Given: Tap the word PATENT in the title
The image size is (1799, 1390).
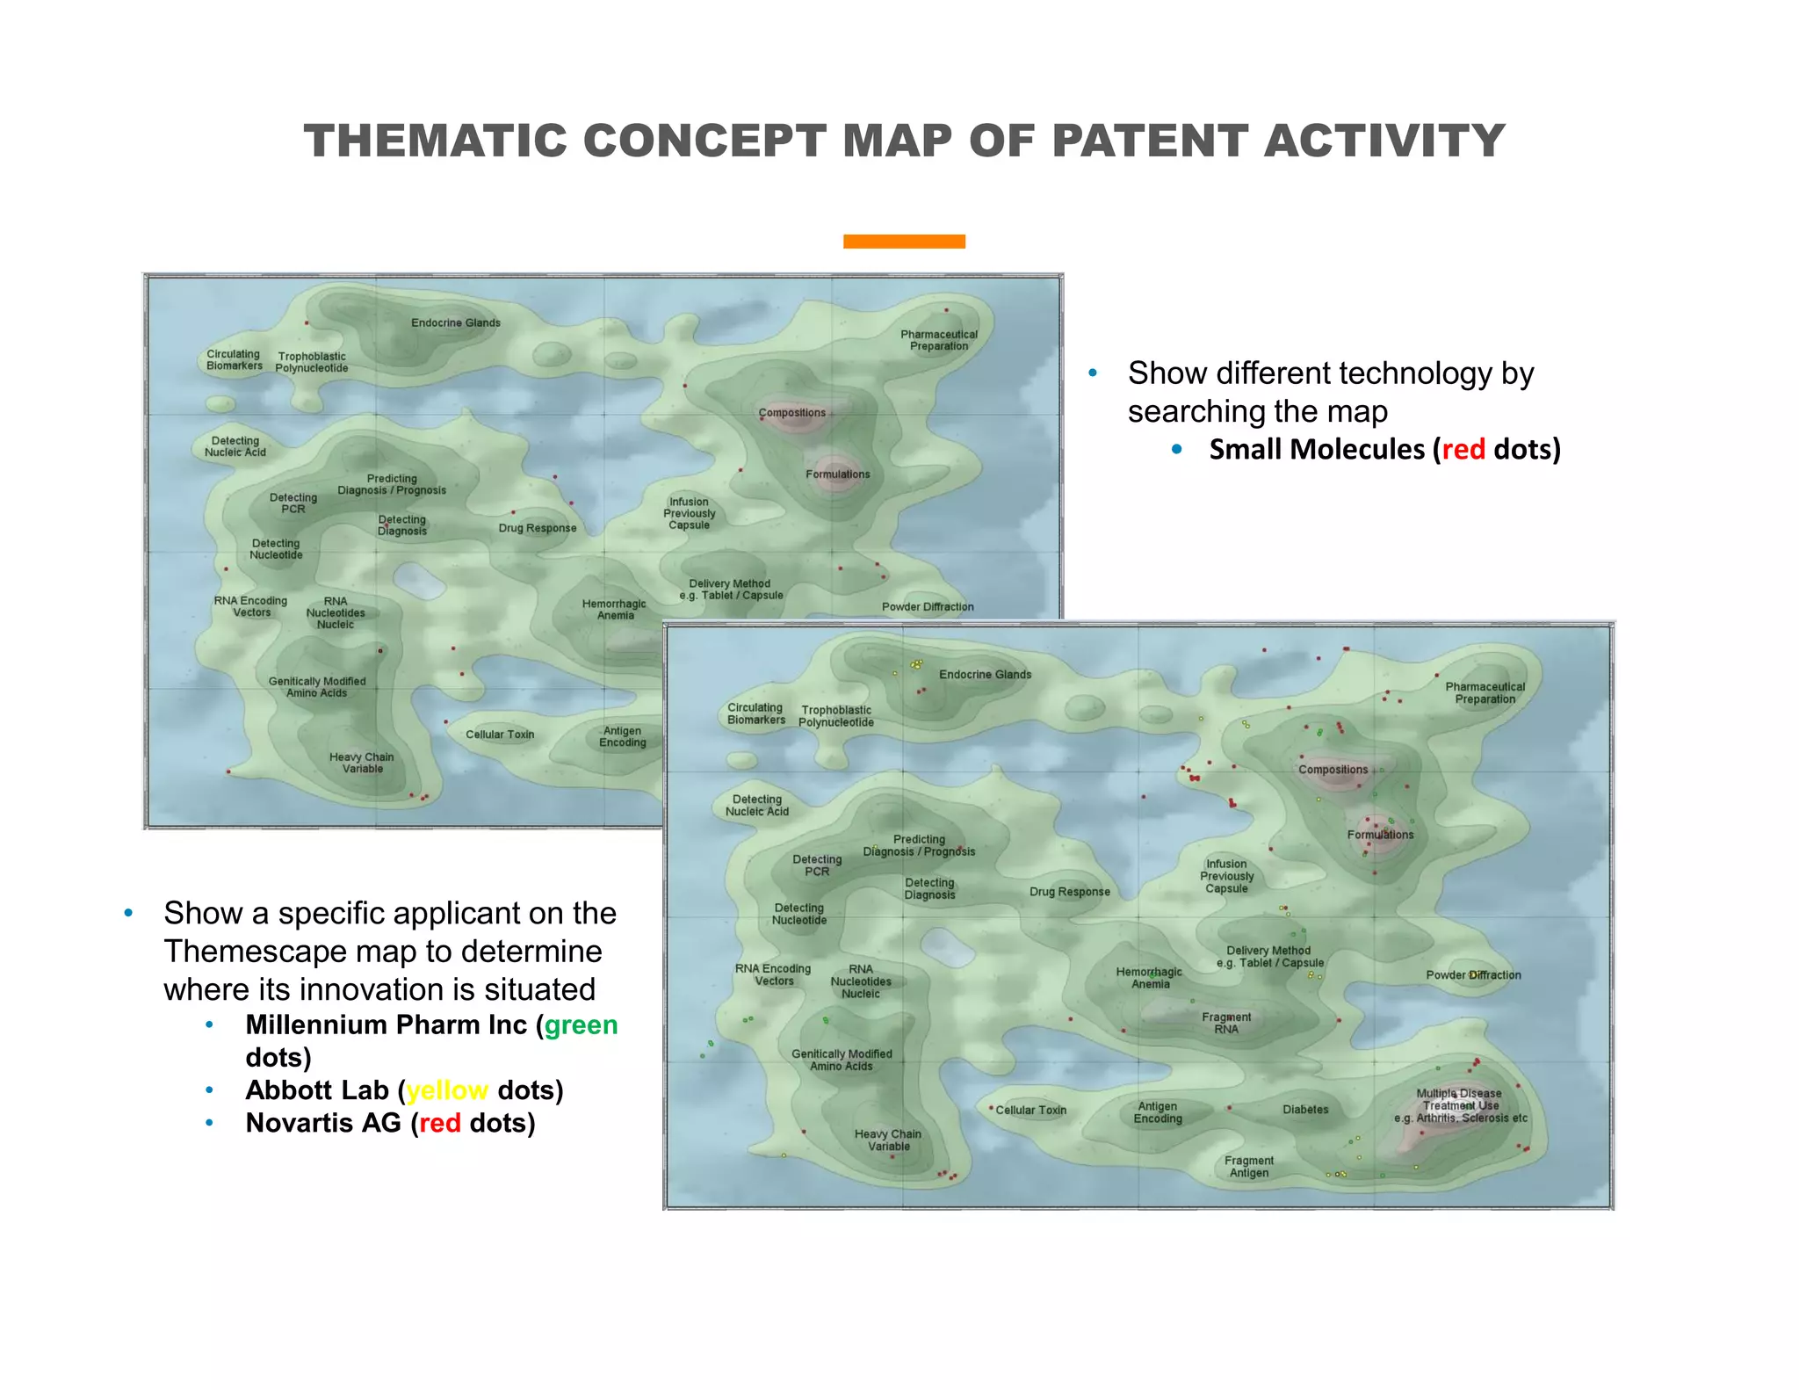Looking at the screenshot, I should pyautogui.click(x=1149, y=141).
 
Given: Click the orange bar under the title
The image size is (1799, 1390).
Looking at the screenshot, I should pyautogui.click(x=904, y=242).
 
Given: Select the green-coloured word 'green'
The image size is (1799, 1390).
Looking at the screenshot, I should pyautogui.click(x=581, y=1025).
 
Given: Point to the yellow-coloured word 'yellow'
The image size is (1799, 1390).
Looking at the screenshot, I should pyautogui.click(x=447, y=1090).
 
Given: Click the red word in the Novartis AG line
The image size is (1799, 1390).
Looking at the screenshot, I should pyautogui.click(x=440, y=1123).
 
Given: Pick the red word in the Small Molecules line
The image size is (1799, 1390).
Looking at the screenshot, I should pyautogui.click(x=1463, y=449).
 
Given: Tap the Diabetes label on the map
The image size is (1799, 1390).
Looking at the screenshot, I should pyautogui.click(x=1305, y=1110).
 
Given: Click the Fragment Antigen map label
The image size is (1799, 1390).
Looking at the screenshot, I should pyautogui.click(x=1249, y=1167).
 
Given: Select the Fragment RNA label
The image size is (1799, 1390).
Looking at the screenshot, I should pyautogui.click(x=1226, y=1023).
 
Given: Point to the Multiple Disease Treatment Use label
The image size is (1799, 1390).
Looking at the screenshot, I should pyautogui.click(x=1460, y=1105).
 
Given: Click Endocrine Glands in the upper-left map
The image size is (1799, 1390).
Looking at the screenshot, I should pyautogui.click(x=456, y=322).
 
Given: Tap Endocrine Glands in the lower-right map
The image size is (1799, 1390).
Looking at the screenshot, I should pyautogui.click(x=985, y=675).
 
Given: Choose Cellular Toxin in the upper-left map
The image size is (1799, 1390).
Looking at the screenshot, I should pyautogui.click(x=500, y=735).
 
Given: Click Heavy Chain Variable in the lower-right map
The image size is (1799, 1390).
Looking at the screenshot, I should pyautogui.click(x=888, y=1140).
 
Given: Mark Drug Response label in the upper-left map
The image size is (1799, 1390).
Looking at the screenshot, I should pyautogui.click(x=538, y=528).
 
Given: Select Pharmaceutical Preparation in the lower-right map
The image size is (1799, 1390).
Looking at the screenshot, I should pyautogui.click(x=1485, y=693).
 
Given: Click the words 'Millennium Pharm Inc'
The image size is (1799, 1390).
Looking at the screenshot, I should pyautogui.click(x=387, y=1025).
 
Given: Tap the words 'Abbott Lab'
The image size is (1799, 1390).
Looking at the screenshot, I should pyautogui.click(x=317, y=1090).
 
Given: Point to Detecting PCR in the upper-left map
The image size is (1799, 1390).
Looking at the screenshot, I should pyautogui.click(x=293, y=503).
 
